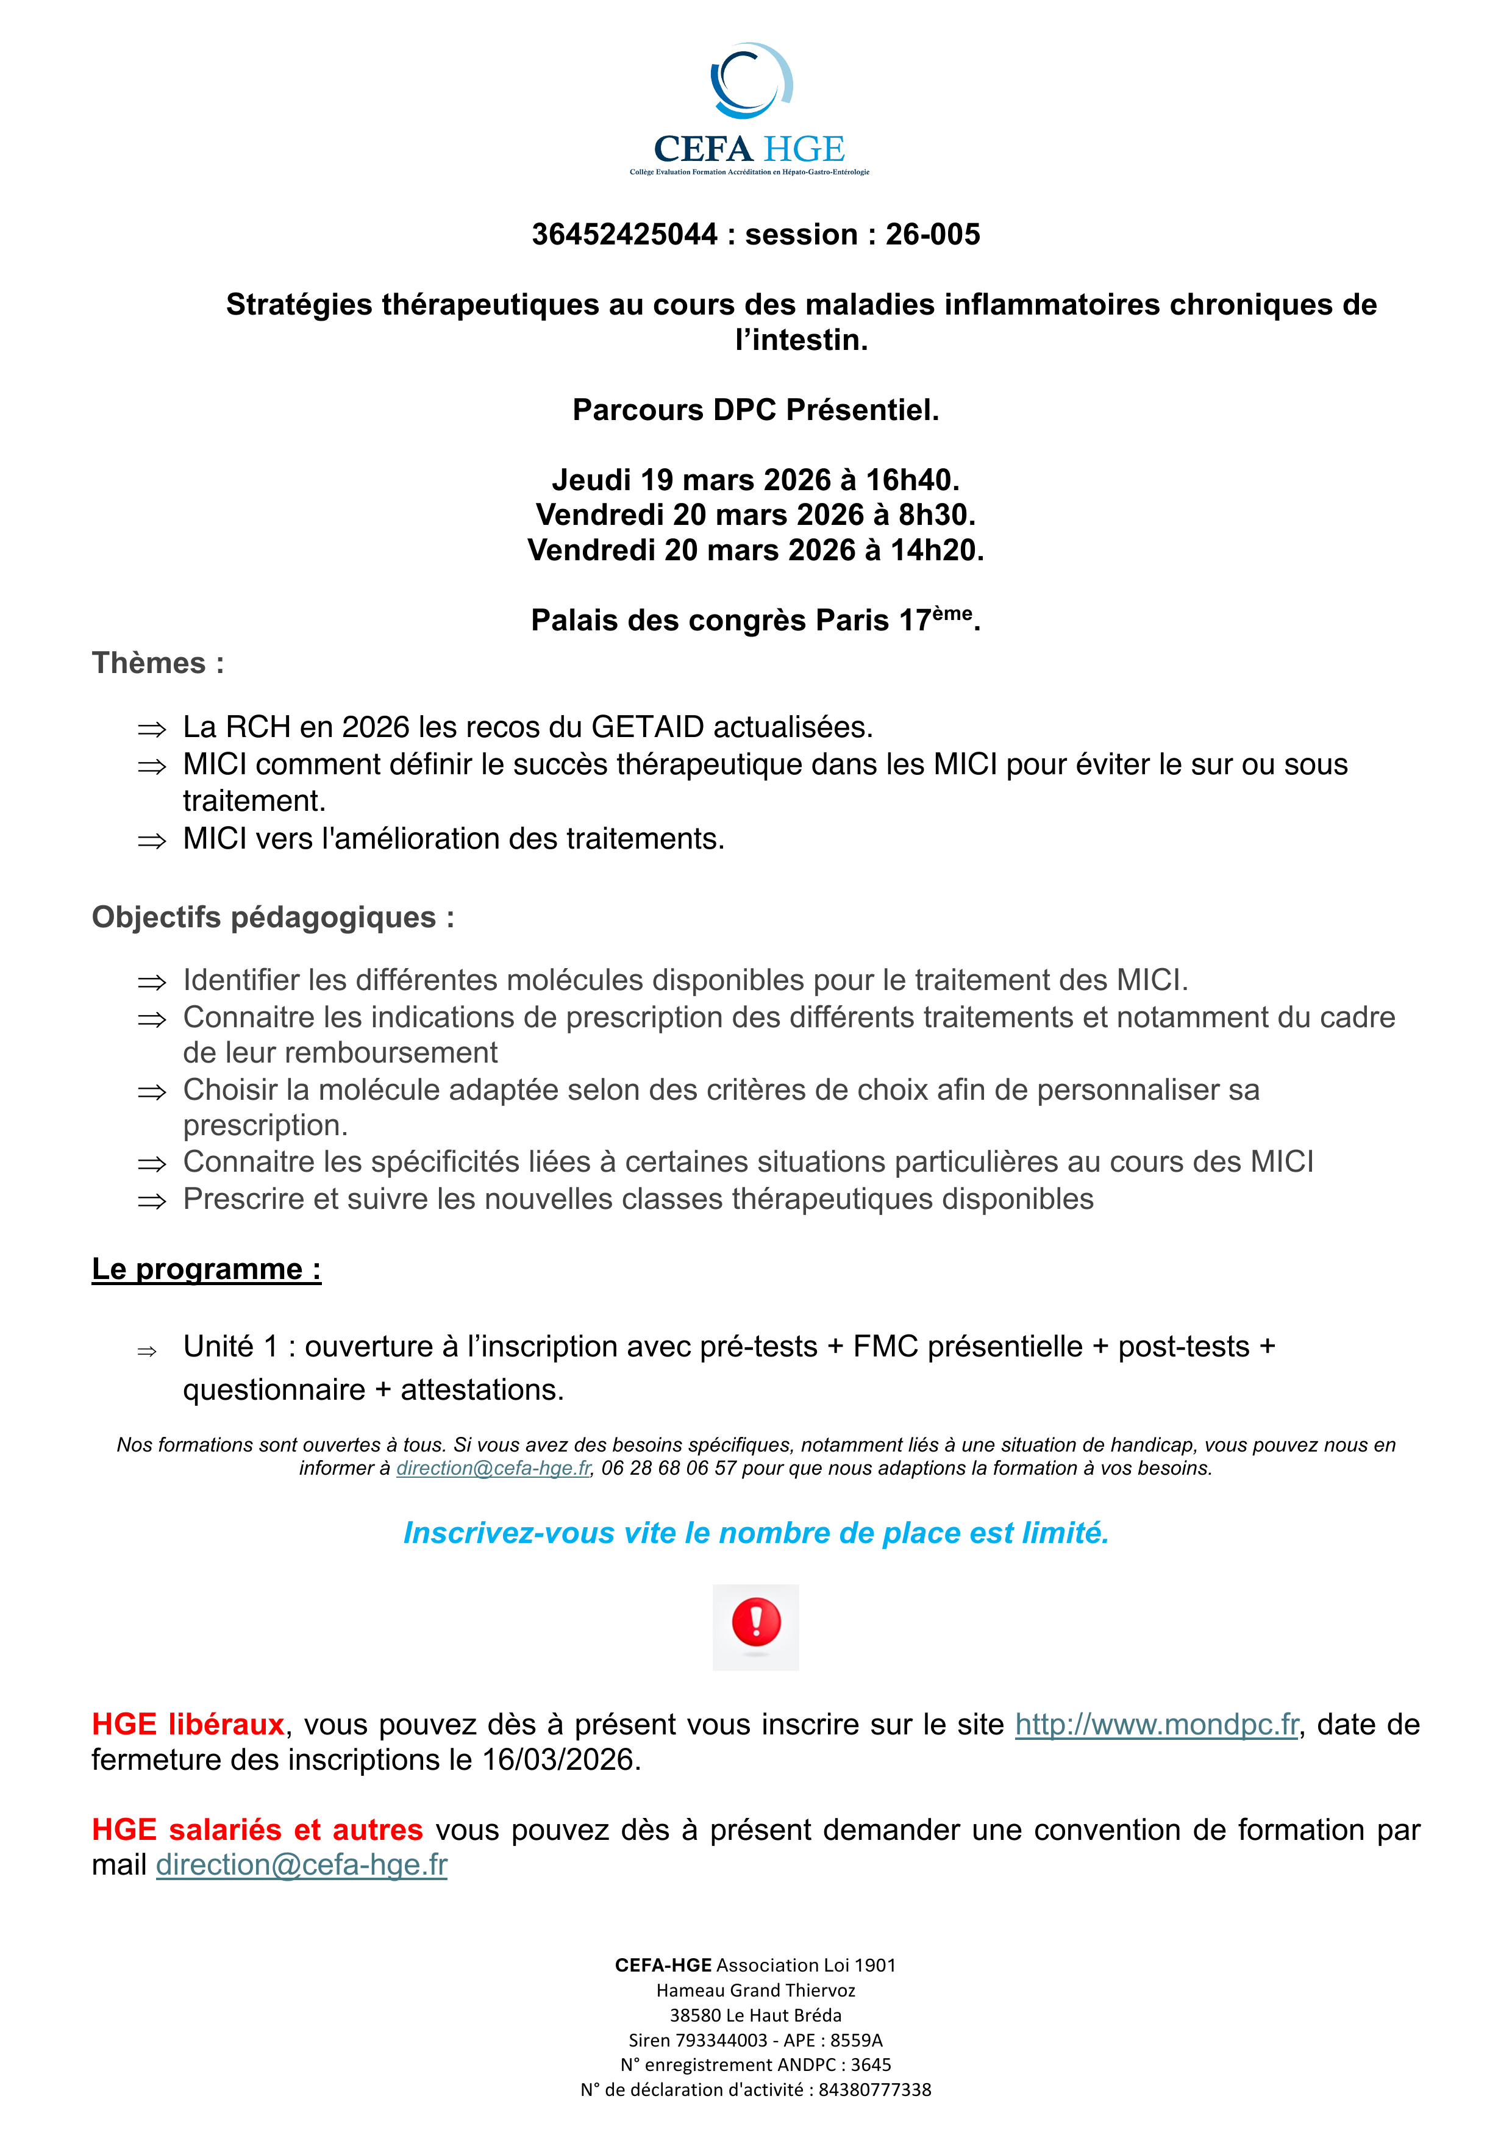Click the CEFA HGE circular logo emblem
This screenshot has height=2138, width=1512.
pos(751,81)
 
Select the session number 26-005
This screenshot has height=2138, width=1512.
pos(932,235)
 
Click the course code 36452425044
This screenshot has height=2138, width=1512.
pos(625,235)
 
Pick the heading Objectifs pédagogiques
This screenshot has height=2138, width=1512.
pos(273,918)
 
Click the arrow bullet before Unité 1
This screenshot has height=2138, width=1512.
pos(147,1351)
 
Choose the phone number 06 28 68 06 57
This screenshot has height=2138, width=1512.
pos(668,1469)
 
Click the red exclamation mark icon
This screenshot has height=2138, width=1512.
pos(756,1622)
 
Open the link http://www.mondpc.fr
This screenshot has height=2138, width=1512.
pos(1157,1725)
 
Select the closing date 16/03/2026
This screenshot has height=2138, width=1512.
pos(558,1760)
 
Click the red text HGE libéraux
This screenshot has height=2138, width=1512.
pos(187,1725)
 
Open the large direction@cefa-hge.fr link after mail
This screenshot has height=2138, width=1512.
pos(302,1865)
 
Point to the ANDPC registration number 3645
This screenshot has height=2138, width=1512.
pos(871,2064)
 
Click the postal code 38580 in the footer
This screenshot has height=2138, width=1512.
pos(694,2014)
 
